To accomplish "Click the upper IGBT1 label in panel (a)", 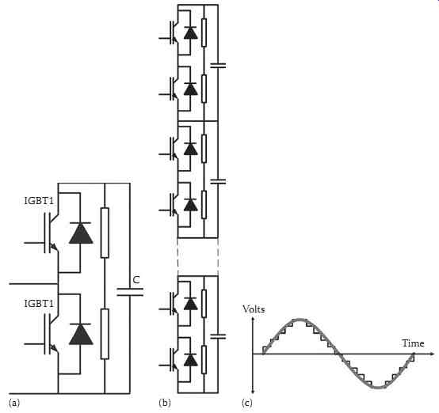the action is coord(39,201).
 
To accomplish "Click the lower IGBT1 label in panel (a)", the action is coord(39,303).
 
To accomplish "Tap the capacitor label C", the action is coord(136,279).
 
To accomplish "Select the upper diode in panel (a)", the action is coord(81,233).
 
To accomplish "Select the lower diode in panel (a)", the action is coord(81,334).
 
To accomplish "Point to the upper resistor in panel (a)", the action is coord(105,233).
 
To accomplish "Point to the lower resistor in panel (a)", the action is coord(105,334).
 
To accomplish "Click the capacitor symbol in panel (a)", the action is coord(130,292).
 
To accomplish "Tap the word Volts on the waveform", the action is coord(254,309).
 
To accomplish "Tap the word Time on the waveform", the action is coord(413,343).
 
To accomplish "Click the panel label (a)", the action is coord(14,403).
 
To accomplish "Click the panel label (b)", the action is coord(165,403).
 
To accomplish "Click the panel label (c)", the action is coord(247,403).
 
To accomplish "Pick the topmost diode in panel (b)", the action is coord(191,32).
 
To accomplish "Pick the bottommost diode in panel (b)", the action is coord(191,359).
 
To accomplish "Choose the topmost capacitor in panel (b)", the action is coord(218,66).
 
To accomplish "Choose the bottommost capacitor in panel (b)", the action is coord(218,336).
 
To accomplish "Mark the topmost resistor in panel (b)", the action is coord(204,32).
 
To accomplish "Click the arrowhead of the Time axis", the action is coord(431,354).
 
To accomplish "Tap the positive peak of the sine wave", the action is coord(300,319).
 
